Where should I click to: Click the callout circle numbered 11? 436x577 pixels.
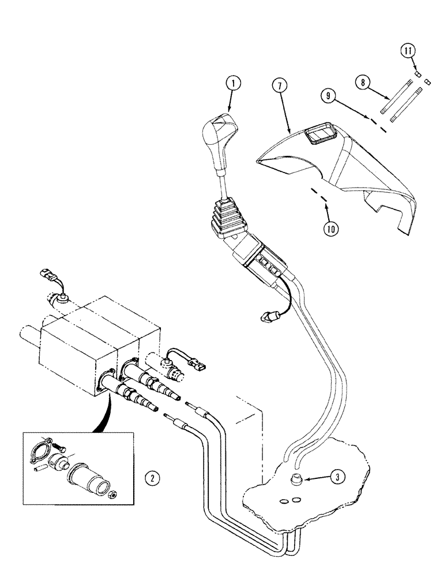(x=408, y=52)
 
